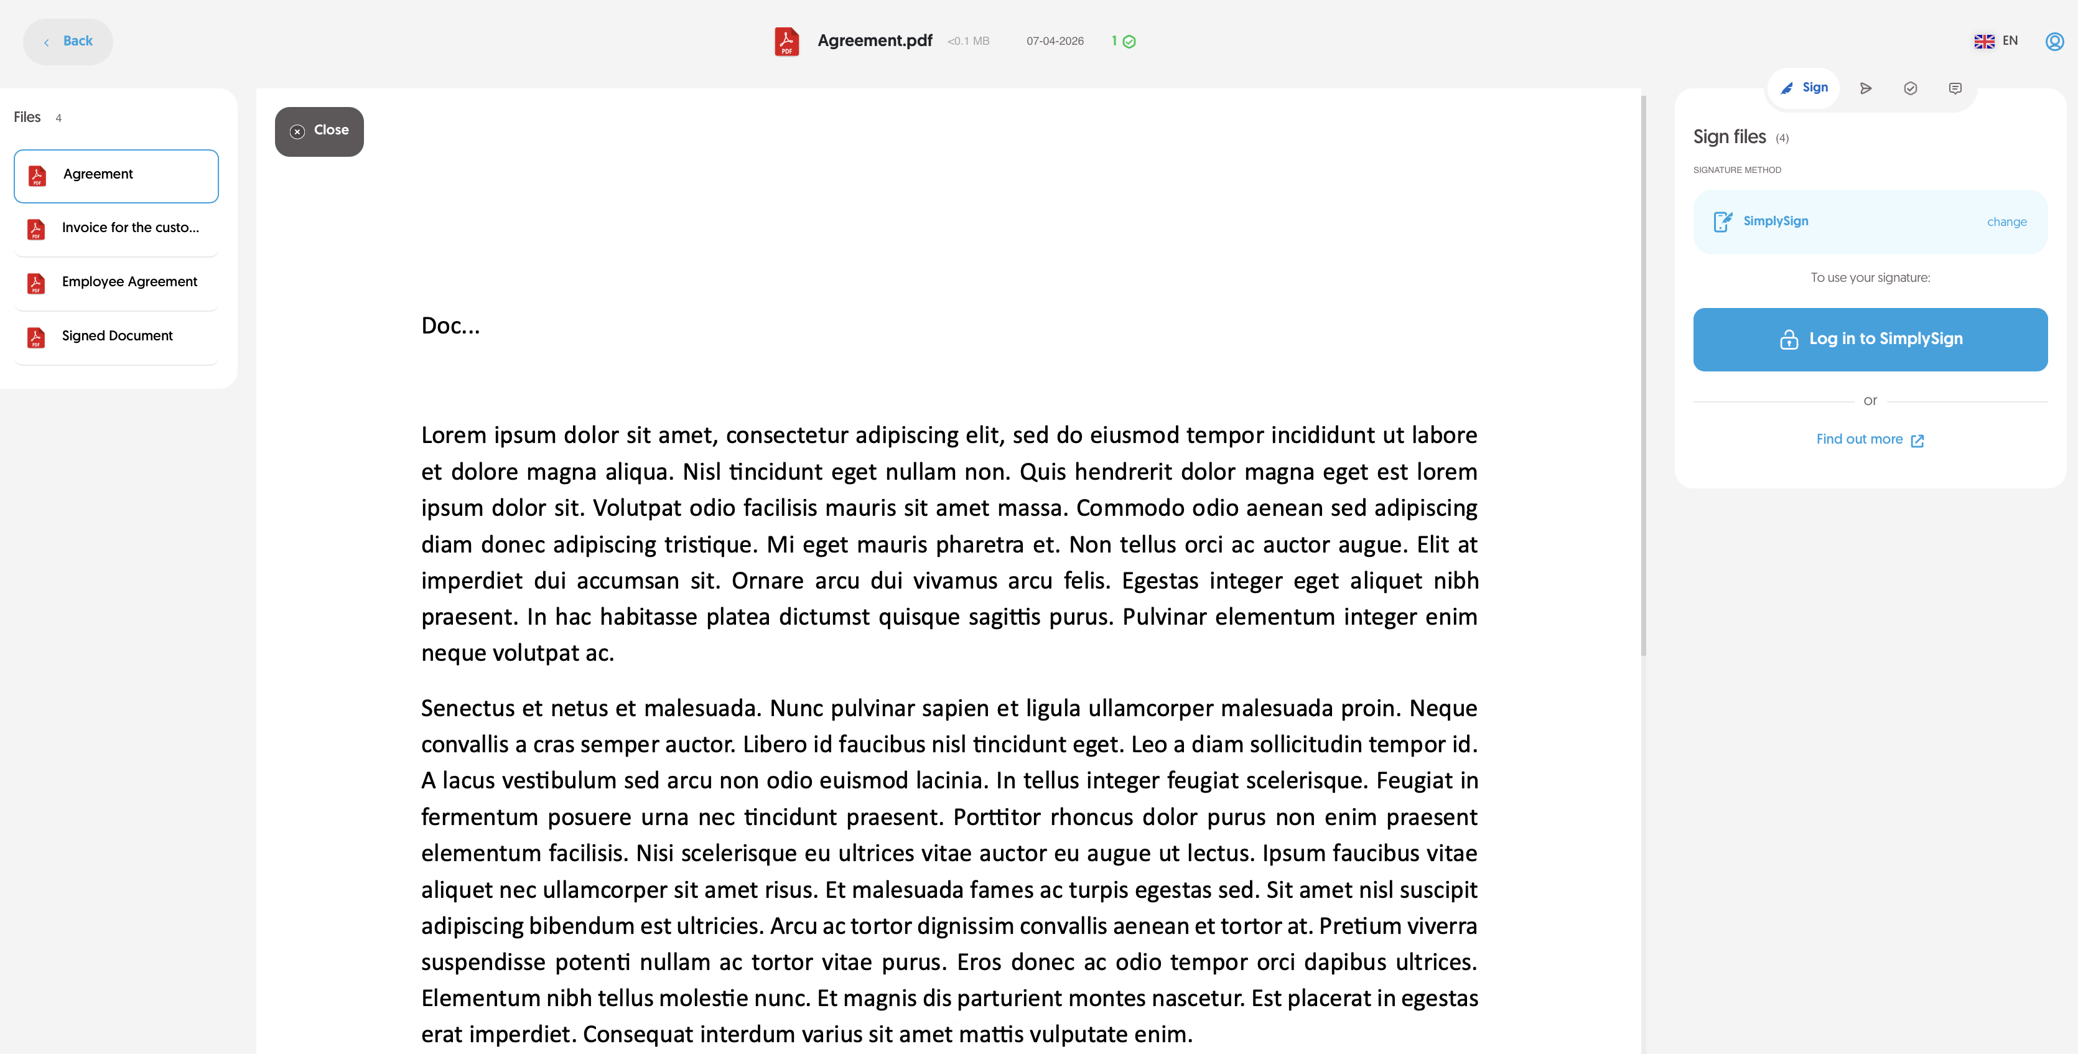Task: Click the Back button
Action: tap(68, 41)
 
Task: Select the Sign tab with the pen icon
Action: tap(1804, 88)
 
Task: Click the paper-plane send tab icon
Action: tap(1865, 89)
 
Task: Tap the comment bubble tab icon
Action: tap(1955, 89)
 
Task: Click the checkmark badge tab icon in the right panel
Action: tap(1909, 89)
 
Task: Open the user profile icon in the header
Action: tap(2054, 41)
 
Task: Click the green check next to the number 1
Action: tap(1129, 42)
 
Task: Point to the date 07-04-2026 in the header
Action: tap(1055, 41)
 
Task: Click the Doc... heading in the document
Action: tap(450, 326)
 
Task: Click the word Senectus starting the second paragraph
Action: tap(467, 708)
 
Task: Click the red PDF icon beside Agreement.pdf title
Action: tap(786, 41)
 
